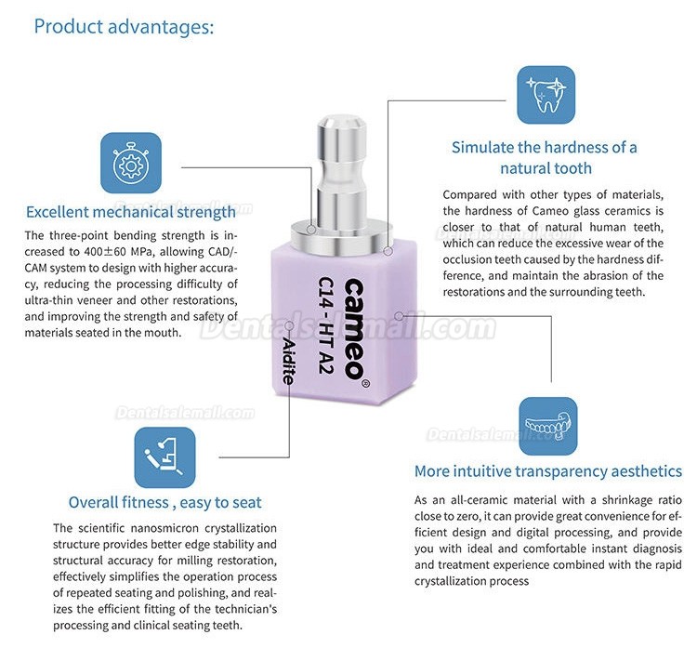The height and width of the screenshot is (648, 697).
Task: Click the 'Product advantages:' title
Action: pyautogui.click(x=124, y=27)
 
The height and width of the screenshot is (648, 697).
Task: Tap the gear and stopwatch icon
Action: pyautogui.click(x=131, y=163)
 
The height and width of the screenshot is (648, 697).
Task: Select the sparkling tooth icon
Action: pyautogui.click(x=546, y=95)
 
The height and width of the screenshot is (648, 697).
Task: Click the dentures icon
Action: pyautogui.click(x=548, y=426)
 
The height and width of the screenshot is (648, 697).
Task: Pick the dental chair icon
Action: pyautogui.click(x=164, y=457)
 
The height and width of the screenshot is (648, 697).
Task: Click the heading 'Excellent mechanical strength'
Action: pyautogui.click(x=131, y=212)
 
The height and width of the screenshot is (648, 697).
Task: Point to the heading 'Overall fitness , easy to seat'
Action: pyautogui.click(x=164, y=503)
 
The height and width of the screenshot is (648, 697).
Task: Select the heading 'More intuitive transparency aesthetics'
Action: pyautogui.click(x=548, y=471)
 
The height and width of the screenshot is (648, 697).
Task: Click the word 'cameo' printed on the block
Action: pyautogui.click(x=354, y=329)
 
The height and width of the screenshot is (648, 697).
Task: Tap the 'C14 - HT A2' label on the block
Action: pyautogui.click(x=326, y=324)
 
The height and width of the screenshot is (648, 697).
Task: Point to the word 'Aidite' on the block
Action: pyautogui.click(x=288, y=361)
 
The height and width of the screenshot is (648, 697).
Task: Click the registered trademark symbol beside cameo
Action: pyautogui.click(x=366, y=383)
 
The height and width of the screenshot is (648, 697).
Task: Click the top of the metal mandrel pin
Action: pyautogui.click(x=341, y=121)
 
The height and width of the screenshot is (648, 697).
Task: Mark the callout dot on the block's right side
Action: pyautogui.click(x=400, y=316)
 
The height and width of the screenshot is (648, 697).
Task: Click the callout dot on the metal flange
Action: pyautogui.click(x=311, y=230)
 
